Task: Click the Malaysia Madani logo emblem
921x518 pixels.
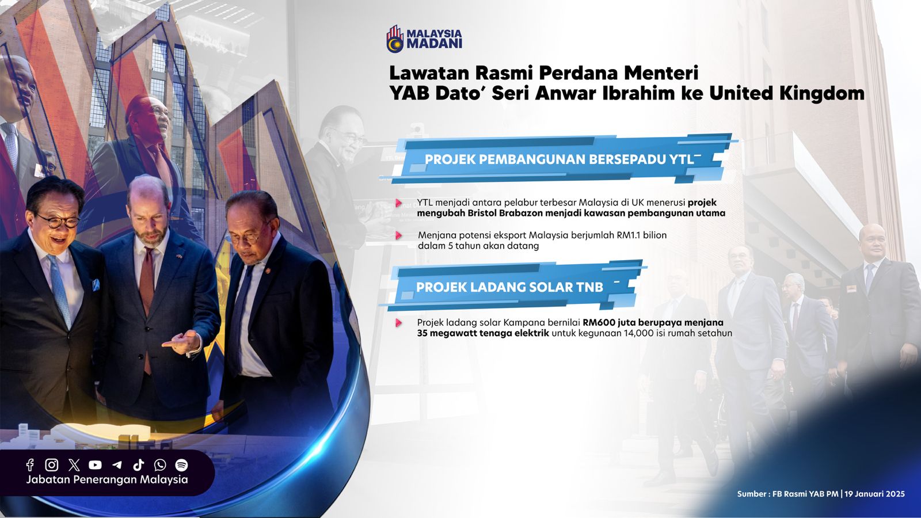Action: click(x=395, y=39)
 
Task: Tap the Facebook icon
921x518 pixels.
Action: click(x=30, y=465)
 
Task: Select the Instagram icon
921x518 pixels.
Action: click(x=51, y=465)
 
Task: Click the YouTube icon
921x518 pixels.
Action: click(x=95, y=465)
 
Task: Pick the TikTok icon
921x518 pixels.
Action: click(x=139, y=465)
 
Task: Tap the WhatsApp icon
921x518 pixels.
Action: click(x=160, y=465)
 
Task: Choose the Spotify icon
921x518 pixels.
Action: click(x=181, y=465)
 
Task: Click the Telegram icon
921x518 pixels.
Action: click(x=117, y=465)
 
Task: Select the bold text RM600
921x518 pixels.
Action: click(x=599, y=323)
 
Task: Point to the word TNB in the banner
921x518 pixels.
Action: click(x=589, y=287)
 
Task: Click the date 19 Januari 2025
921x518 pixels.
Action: click(x=874, y=494)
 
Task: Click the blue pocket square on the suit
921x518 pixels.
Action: click(x=96, y=285)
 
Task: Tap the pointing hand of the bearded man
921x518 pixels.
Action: click(x=182, y=342)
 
